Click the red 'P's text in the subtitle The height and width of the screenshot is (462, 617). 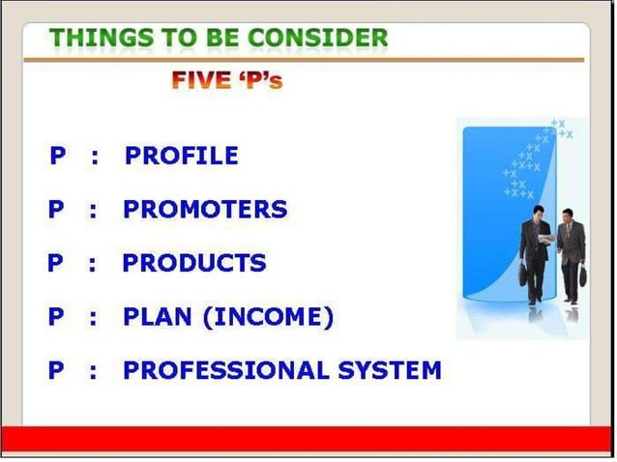coord(259,80)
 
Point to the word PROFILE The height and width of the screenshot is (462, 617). coord(182,156)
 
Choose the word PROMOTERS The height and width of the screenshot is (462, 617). coord(204,209)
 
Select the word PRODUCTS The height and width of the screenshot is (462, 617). coord(193,263)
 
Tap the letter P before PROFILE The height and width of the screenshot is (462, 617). coord(58,156)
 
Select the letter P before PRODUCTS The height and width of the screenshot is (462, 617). coord(56,263)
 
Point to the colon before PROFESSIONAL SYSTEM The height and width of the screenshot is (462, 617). coord(92,370)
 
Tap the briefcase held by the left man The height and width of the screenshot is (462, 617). coord(523,276)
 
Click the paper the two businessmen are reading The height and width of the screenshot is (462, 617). coord(548,237)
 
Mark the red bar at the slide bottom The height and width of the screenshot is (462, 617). coord(308,439)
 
